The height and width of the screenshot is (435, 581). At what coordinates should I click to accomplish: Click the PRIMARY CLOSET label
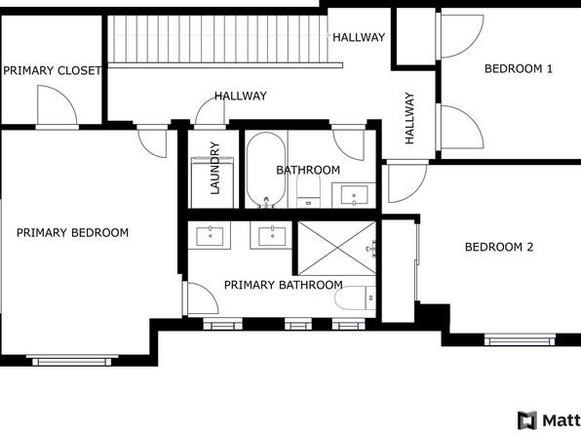click(x=52, y=70)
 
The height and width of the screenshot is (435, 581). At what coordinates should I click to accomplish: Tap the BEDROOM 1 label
click(x=519, y=68)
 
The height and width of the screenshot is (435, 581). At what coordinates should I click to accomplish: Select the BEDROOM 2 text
click(x=499, y=247)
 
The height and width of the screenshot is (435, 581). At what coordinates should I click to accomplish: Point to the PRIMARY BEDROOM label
click(x=72, y=232)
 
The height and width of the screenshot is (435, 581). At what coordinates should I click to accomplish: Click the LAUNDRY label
click(x=214, y=168)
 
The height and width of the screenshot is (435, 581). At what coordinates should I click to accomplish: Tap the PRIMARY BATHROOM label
click(x=284, y=285)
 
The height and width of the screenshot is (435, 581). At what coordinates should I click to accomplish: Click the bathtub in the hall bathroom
click(x=266, y=170)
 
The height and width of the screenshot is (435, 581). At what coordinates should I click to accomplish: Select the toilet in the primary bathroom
click(x=356, y=297)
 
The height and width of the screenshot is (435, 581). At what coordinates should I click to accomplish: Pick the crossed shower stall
click(x=337, y=248)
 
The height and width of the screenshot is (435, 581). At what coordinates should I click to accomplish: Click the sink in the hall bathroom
click(x=354, y=195)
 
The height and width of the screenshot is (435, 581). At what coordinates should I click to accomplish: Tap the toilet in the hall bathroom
click(x=309, y=191)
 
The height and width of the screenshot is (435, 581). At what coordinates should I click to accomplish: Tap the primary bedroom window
click(x=72, y=361)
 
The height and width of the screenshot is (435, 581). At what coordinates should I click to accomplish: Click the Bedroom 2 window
click(x=520, y=339)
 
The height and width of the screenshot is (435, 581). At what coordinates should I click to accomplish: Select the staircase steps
click(x=218, y=39)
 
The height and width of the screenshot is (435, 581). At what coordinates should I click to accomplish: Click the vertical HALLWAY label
click(x=409, y=118)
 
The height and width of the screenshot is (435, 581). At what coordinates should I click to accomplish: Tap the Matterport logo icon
click(x=527, y=420)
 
